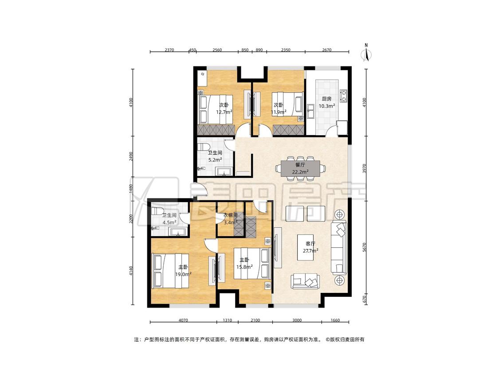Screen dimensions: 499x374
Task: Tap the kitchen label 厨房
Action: (x=326, y=99)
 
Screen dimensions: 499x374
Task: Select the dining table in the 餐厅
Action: (x=300, y=168)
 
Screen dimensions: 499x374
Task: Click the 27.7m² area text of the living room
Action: (x=310, y=251)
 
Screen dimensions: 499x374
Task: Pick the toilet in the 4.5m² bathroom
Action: (x=157, y=211)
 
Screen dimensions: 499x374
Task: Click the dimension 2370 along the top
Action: (x=169, y=50)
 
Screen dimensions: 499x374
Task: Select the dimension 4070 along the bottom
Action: (x=183, y=320)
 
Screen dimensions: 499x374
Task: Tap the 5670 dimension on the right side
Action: (x=365, y=247)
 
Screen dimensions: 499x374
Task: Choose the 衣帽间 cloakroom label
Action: (x=230, y=215)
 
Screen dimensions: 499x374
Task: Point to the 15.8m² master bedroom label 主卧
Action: (x=244, y=260)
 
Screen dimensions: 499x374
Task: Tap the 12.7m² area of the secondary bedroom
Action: (x=224, y=112)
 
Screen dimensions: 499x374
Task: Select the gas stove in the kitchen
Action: (x=343, y=96)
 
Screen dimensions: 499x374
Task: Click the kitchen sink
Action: (x=311, y=111)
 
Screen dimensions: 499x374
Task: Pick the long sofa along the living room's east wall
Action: (x=338, y=248)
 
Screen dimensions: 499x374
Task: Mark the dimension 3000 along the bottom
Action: (x=297, y=320)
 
